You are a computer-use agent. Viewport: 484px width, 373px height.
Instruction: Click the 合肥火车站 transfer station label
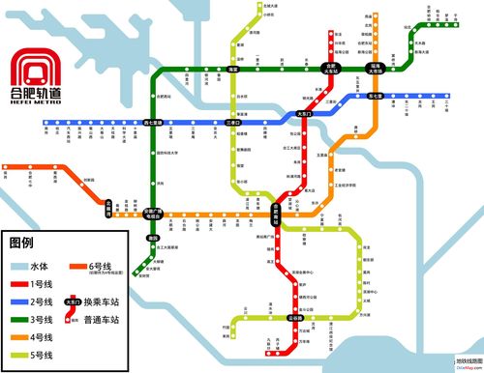[329, 68]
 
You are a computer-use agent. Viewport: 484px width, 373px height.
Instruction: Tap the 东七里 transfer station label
[377, 97]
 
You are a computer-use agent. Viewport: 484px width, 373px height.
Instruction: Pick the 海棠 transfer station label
[232, 69]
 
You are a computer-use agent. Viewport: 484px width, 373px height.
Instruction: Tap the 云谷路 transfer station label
[295, 318]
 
